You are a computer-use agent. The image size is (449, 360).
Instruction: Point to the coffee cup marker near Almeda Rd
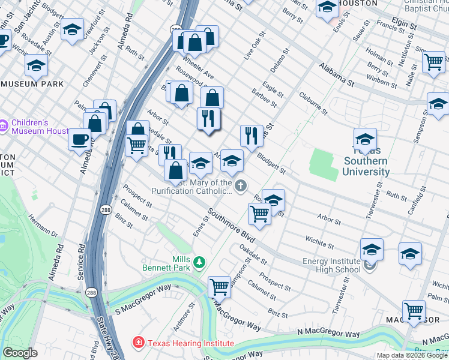point(79,140)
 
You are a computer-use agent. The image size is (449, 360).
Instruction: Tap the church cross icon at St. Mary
point(241,186)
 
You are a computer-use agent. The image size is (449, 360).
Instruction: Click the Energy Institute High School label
point(331,265)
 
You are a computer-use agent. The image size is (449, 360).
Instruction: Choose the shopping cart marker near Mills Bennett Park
point(220,286)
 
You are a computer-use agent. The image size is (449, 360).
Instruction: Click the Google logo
point(20,353)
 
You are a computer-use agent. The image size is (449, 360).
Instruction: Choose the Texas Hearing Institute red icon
point(138,344)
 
